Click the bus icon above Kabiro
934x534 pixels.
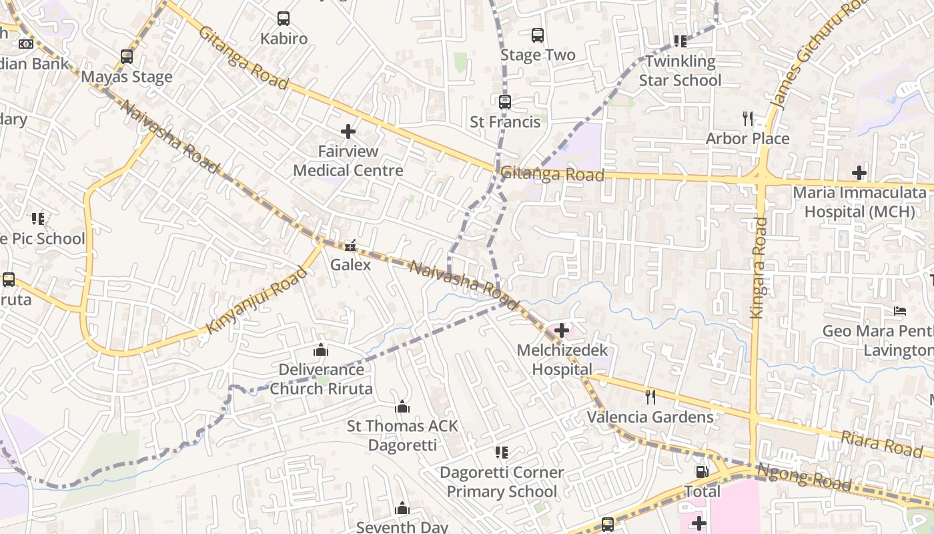click(x=284, y=19)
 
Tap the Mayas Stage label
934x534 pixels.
click(x=127, y=77)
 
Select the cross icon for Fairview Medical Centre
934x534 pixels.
click(x=348, y=131)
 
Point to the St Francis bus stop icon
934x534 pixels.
click(x=505, y=102)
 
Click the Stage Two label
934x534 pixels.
click(x=538, y=55)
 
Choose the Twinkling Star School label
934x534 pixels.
click(x=680, y=71)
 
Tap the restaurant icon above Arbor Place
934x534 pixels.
click(x=748, y=119)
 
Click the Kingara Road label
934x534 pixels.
click(x=759, y=267)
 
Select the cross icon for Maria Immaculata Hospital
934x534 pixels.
click(x=859, y=173)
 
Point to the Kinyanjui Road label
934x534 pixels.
click(x=258, y=300)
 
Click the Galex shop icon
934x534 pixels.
click(x=350, y=246)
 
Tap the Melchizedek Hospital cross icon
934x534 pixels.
click(x=562, y=330)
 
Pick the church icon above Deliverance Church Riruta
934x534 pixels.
click(x=321, y=350)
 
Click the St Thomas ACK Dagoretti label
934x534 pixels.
click(x=402, y=435)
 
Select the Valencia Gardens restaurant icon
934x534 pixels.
click(x=650, y=397)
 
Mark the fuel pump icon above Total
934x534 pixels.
click(x=702, y=472)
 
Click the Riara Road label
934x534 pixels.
click(x=881, y=444)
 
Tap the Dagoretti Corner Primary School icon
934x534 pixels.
click(x=502, y=453)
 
